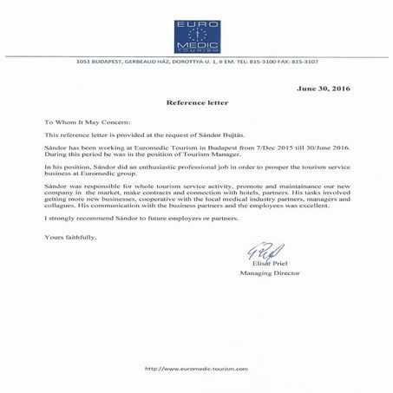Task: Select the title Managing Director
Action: point(270,273)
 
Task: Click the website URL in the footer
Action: point(197,369)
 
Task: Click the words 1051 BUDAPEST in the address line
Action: point(96,62)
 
